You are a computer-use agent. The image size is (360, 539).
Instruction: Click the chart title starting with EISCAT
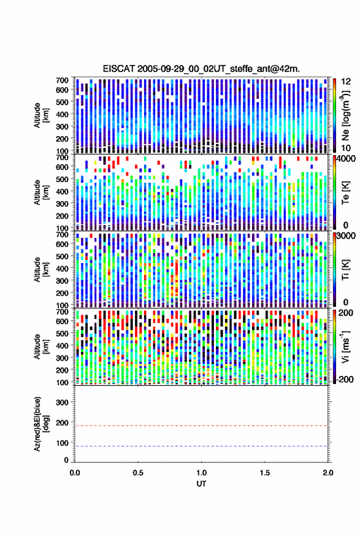[x=201, y=69]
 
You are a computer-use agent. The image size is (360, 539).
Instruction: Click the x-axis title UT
[x=201, y=484]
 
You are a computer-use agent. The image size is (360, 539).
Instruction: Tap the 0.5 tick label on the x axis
[x=138, y=473]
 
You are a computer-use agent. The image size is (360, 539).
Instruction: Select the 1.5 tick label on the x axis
[x=265, y=473]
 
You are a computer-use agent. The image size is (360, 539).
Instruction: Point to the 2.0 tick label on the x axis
[x=328, y=473]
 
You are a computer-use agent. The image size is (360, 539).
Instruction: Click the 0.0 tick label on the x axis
[x=75, y=473]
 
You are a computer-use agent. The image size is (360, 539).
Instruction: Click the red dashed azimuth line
[x=201, y=426]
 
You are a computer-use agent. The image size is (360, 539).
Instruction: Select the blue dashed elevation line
[x=201, y=446]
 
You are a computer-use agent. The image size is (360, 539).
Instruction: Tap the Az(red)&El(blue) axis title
[x=41, y=424]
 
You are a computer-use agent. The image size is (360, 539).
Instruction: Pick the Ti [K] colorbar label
[x=345, y=270]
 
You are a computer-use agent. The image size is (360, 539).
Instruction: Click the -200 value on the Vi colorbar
[x=345, y=380]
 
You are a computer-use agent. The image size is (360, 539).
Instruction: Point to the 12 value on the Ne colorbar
[x=346, y=82]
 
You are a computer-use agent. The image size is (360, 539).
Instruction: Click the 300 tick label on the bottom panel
[x=62, y=402]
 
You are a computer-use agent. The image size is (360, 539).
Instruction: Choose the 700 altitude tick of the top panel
[x=62, y=80]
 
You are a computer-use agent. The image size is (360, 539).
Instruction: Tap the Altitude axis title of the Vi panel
[x=41, y=346]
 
